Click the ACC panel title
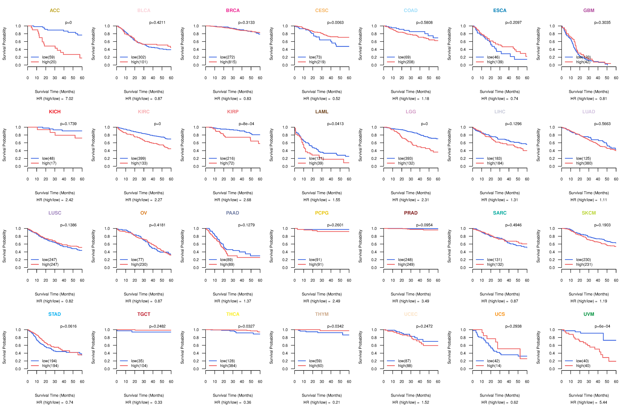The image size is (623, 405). coord(55,10)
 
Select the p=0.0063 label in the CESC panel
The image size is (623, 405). coord(335,23)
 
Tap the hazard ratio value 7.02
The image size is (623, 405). coord(69,99)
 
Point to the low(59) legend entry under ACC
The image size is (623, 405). coord(48,57)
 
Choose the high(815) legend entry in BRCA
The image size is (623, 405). coord(228,62)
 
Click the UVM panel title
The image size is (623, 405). coord(589,314)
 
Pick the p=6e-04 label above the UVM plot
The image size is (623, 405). coord(602,326)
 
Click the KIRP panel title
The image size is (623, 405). coord(233,112)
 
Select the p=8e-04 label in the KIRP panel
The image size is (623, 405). coord(246,124)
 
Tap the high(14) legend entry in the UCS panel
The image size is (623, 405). coord(494,366)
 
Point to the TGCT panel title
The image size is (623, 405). coord(144,314)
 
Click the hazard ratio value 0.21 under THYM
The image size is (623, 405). coord(336,402)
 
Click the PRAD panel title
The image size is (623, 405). coord(411,213)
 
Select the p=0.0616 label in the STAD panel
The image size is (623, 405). coord(68,326)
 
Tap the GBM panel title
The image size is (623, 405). coord(589,10)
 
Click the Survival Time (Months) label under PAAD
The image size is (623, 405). coord(233,294)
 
